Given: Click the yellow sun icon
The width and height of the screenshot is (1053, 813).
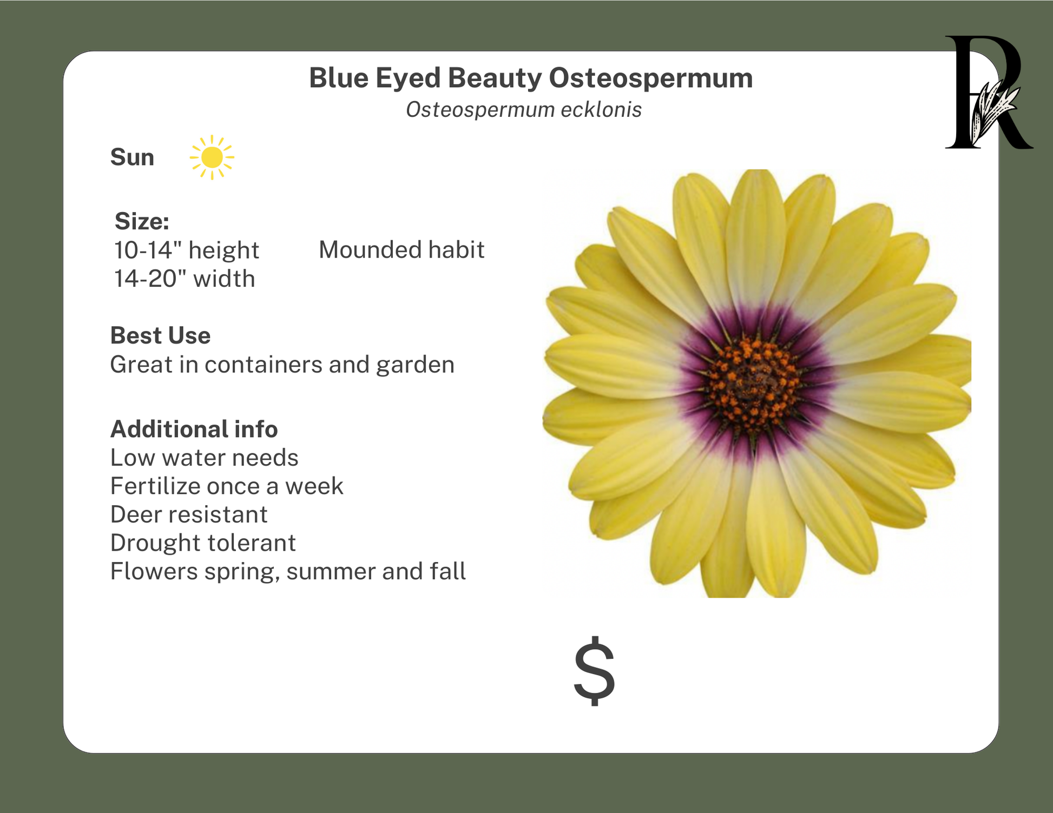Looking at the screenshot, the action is pos(212,157).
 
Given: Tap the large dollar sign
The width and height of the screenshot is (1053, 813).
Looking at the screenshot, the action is pos(594,671).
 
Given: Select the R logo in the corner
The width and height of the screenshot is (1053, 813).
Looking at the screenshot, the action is pos(989,92).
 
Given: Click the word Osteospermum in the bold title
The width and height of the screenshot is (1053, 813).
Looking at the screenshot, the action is pos(651,78).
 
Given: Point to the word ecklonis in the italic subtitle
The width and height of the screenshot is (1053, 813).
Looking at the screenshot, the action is pos(601,110).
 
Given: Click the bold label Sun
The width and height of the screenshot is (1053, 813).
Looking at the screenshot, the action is pos(132,157).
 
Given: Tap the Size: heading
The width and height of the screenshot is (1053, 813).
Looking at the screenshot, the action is pos(142,221).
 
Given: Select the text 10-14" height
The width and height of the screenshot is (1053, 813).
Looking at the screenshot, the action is pos(187,250).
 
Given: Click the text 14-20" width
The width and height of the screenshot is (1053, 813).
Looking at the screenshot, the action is pos(185,279).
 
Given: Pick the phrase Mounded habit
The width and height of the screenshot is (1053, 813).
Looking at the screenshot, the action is pos(402,249).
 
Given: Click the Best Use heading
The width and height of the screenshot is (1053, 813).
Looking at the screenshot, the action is pos(160,335).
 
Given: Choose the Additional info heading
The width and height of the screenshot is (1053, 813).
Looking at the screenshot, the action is pos(194,429).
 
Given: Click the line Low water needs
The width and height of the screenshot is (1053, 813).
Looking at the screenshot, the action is pos(204,458).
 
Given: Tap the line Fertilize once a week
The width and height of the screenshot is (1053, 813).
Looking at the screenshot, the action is pos(227,486).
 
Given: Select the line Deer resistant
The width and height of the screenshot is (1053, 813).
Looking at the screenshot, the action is pos(189,514).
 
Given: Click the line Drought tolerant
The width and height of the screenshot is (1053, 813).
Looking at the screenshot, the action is pos(203,543).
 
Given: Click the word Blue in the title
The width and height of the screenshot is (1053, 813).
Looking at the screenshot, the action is pos(339,78).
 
